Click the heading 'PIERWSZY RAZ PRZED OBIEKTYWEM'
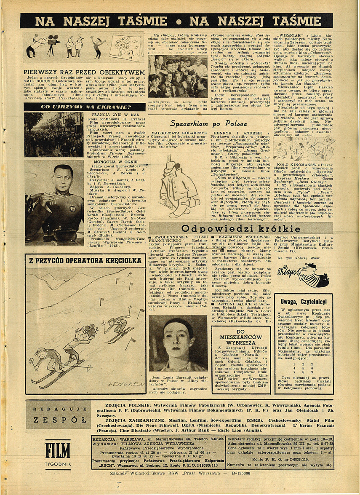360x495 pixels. click(84, 72)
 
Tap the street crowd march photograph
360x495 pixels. click(53, 134)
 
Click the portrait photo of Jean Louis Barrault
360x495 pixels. click(178, 337)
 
